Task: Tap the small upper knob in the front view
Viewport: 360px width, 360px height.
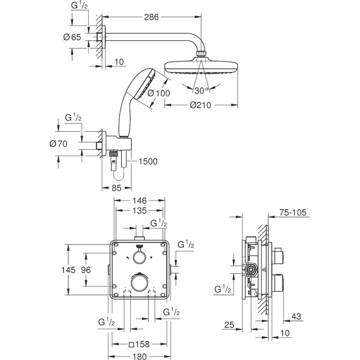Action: [140, 258]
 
